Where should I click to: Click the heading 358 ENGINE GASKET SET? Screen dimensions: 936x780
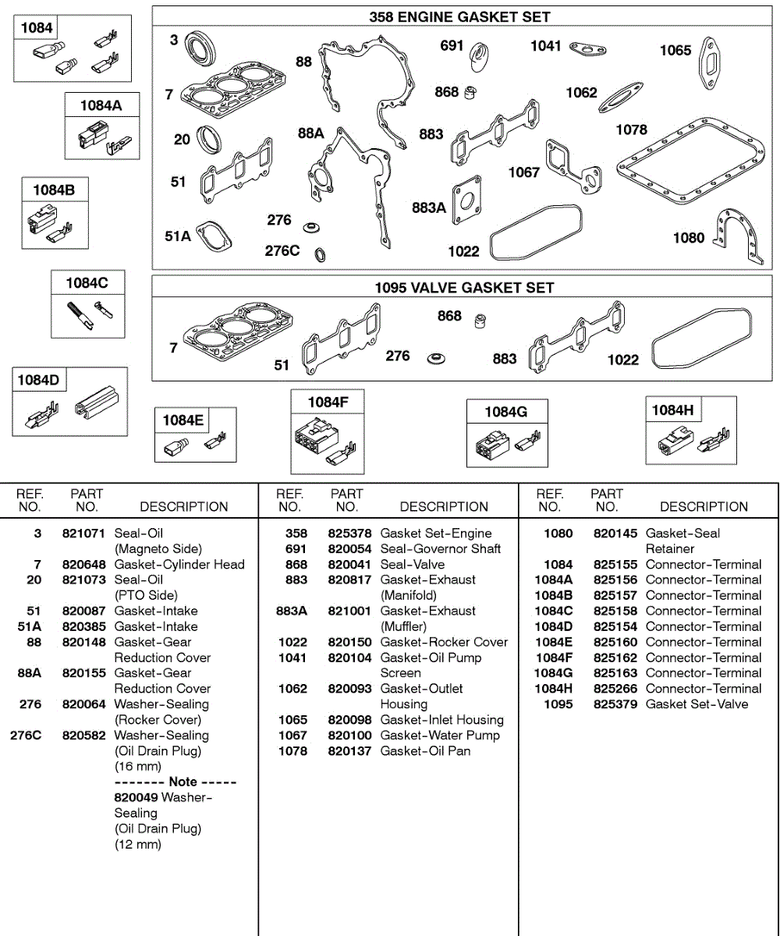click(x=459, y=16)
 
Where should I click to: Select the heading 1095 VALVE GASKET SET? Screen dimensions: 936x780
click(x=463, y=288)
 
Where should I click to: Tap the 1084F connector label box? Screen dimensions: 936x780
click(x=328, y=402)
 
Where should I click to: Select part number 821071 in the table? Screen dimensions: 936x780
click(x=84, y=534)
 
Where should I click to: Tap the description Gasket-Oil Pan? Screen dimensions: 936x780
click(x=425, y=751)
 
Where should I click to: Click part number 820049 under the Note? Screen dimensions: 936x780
click(x=136, y=797)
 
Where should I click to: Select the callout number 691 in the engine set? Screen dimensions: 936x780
click(x=452, y=46)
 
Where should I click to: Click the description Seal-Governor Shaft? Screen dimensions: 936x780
click(x=440, y=549)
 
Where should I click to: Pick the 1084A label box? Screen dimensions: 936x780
click(x=101, y=106)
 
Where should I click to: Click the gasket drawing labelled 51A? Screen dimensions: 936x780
click(x=214, y=236)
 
